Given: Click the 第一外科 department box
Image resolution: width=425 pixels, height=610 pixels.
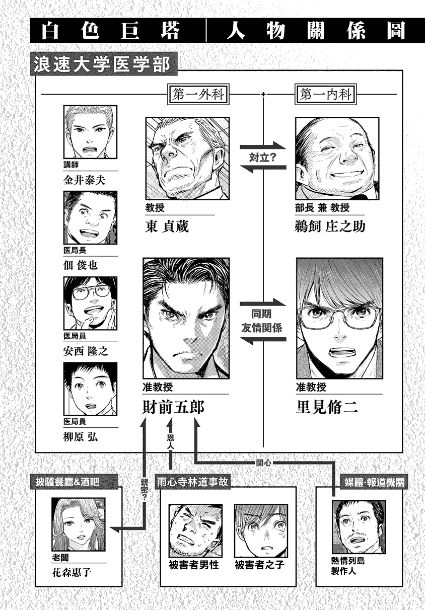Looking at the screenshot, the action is [x=198, y=94].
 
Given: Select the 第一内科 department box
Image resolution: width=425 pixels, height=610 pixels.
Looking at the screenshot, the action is [x=326, y=94].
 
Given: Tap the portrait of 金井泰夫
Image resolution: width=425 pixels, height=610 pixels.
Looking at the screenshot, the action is [x=90, y=132].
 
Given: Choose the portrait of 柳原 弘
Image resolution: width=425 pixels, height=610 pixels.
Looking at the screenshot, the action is [x=90, y=389].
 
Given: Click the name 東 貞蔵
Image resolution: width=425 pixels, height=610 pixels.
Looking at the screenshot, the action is [x=167, y=226].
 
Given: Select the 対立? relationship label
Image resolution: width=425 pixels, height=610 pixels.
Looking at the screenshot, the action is [x=263, y=158].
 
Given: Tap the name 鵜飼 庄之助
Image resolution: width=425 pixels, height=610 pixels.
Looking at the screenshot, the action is [x=330, y=226].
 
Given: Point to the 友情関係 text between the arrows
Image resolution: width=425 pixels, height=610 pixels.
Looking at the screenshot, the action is [x=261, y=328].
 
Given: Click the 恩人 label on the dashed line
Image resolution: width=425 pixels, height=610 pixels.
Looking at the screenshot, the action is [x=171, y=442].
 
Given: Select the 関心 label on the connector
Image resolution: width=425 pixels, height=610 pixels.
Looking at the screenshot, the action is [x=263, y=463].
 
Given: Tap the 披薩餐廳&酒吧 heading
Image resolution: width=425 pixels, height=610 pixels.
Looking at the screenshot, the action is [x=67, y=482].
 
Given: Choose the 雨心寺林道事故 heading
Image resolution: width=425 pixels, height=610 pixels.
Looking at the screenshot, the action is [x=192, y=482].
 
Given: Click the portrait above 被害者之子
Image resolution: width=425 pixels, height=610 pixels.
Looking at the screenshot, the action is [x=261, y=530].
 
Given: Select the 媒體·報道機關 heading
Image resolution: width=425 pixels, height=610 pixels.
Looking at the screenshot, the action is [x=375, y=482].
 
